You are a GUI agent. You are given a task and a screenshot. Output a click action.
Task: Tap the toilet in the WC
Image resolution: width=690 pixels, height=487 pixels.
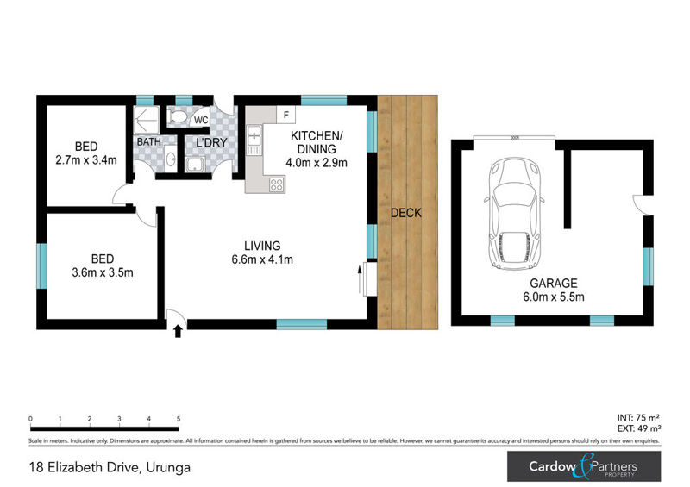pos(178,117)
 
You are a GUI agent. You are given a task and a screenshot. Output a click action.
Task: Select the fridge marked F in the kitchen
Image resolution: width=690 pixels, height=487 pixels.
pos(285,115)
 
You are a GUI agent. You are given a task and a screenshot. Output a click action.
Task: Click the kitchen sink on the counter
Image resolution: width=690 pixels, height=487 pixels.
pos(254,137)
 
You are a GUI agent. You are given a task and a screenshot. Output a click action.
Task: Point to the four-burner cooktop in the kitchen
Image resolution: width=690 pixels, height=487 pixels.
pos(277,184)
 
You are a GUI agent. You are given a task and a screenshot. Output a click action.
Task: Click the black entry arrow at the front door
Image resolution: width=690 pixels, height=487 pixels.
pos(178,330)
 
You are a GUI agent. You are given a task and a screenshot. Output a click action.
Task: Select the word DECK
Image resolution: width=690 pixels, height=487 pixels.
pos(406,213)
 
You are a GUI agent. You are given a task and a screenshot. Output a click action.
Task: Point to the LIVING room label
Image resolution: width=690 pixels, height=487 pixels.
pos(262,246)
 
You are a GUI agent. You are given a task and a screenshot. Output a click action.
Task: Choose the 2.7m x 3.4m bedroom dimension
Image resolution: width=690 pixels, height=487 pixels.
pos(85,159)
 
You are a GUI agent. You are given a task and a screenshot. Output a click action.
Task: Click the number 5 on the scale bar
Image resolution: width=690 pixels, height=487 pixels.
pos(179,420)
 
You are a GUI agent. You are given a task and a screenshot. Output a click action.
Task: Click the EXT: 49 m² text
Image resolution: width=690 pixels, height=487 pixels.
pos(639,428)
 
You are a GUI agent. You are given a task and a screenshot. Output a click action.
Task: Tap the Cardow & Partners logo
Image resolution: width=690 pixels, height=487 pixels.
pos(584,467)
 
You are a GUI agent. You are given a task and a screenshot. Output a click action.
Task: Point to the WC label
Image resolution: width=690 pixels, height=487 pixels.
pos(201,120)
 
